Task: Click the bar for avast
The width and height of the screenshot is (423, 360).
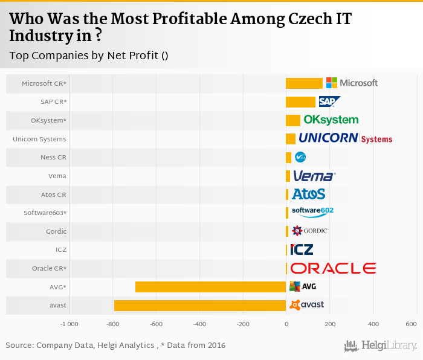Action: tap(199, 305)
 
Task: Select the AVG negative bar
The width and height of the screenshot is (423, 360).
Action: tap(210, 286)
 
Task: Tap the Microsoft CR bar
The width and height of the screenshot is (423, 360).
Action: tap(304, 83)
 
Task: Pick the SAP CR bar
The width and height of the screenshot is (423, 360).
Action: tap(300, 101)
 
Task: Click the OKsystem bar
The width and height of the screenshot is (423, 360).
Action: tap(293, 120)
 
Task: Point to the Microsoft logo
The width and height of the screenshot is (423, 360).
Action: tap(352, 83)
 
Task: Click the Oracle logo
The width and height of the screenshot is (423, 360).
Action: tap(333, 268)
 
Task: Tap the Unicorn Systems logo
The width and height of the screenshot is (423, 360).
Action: tap(345, 138)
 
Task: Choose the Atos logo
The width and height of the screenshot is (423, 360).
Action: tap(309, 194)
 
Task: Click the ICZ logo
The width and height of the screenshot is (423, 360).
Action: tap(302, 249)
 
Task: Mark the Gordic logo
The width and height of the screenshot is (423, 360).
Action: tap(310, 231)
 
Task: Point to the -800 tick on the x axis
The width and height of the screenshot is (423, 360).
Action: tap(112, 324)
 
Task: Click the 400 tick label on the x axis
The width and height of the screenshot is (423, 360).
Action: tap(373, 324)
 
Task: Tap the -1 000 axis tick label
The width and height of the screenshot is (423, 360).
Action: tap(69, 324)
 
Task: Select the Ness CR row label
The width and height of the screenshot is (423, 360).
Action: tap(53, 157)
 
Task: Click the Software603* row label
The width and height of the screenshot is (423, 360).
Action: tap(45, 213)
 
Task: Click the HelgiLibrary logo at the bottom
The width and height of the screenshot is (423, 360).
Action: tap(381, 346)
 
